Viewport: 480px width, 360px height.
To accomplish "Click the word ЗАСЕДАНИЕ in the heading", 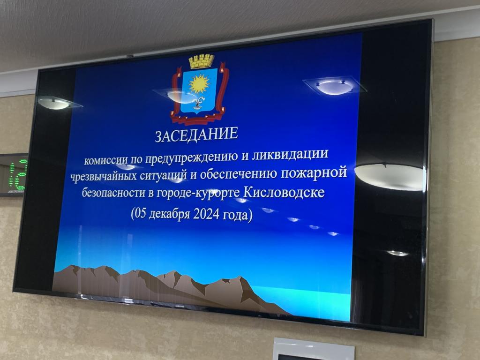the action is pos(196,135).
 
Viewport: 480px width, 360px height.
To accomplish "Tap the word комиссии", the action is pos(105,160).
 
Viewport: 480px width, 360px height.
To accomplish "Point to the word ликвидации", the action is pos(290,154).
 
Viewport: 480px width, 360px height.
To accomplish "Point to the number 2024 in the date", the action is pos(206,214).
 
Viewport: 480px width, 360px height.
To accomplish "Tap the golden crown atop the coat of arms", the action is pos(202,61).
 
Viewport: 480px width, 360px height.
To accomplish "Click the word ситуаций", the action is pos(164,175).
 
